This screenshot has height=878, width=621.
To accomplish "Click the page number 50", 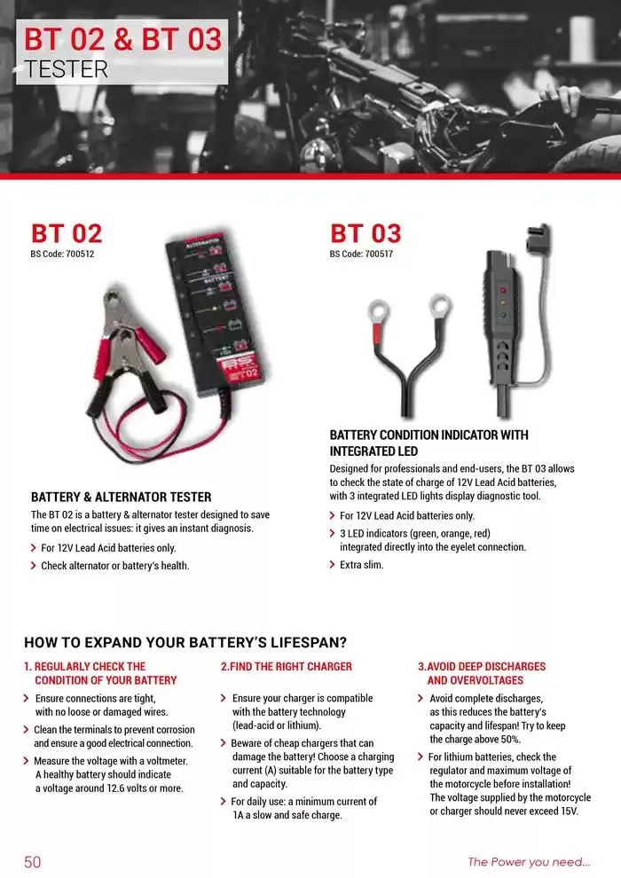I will [32, 861].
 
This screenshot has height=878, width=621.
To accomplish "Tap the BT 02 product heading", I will [67, 233].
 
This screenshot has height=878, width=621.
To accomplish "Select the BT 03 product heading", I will [366, 233].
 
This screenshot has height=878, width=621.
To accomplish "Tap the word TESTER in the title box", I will [67, 69].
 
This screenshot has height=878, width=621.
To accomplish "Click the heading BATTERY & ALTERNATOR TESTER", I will [121, 498].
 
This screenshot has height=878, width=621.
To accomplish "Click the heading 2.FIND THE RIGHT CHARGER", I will [286, 666].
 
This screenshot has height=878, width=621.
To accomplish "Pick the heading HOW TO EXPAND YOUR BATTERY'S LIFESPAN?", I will [185, 642].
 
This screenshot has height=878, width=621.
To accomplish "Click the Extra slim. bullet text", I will [362, 564].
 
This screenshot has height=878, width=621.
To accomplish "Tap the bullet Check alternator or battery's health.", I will [115, 565].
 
